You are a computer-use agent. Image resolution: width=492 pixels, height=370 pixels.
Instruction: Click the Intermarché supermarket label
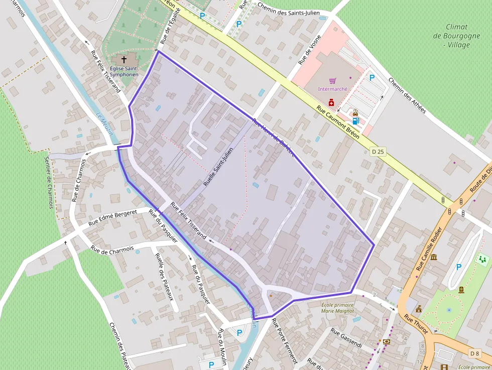pos(332,89)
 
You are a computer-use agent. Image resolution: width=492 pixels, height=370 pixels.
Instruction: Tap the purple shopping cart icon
pos(332,80)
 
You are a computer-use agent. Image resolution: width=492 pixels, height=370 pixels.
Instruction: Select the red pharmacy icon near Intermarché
pos(331,102)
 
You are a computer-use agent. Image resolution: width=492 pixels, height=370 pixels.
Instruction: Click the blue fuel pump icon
pos(355,120)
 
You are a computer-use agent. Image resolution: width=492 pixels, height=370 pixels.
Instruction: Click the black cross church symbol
pos(124,59)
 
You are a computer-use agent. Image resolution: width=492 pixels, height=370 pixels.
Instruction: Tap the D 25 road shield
pos(378,151)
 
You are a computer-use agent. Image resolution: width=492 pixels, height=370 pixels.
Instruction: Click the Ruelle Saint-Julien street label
pos(219,167)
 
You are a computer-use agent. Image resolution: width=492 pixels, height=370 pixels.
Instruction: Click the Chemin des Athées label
pos(407,95)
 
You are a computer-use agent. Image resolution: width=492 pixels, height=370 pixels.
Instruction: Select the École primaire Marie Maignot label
pos(337,308)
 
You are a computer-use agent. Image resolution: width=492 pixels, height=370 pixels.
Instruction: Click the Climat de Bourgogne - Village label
pos(450,36)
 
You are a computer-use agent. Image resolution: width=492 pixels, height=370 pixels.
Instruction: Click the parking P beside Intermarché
pos(372,78)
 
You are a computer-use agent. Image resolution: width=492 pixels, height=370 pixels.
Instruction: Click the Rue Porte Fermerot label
pos(284,341)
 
